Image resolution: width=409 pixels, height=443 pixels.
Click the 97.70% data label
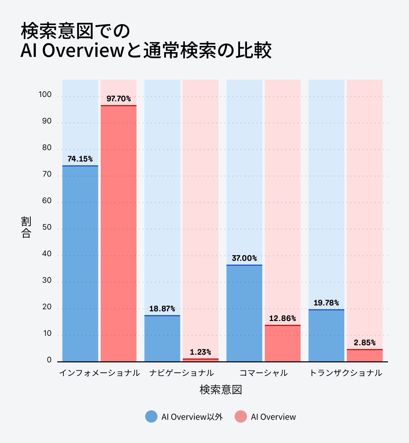119,99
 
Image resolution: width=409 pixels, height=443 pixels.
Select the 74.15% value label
80,159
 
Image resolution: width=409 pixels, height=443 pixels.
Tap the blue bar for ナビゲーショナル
162,338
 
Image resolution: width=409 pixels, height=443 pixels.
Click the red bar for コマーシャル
283,343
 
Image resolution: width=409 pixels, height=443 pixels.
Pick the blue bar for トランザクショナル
326,336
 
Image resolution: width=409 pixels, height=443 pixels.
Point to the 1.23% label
200,352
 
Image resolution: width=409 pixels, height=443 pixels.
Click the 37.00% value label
244,258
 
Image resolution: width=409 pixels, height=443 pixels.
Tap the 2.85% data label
365,343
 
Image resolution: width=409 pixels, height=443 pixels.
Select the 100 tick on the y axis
45,95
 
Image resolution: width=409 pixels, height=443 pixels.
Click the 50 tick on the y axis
47,227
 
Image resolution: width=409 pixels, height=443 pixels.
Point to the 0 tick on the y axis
49,360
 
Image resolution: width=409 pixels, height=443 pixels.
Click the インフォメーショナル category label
99,373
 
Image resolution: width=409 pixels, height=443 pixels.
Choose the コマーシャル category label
264,373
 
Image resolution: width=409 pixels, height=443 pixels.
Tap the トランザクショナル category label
346,373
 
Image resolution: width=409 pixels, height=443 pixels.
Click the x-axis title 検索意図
221,390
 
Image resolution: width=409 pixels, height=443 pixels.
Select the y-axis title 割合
26,227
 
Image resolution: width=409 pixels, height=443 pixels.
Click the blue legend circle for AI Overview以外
151,416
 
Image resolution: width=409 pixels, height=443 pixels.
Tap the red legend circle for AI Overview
241,416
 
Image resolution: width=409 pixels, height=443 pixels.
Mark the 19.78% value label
326,303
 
